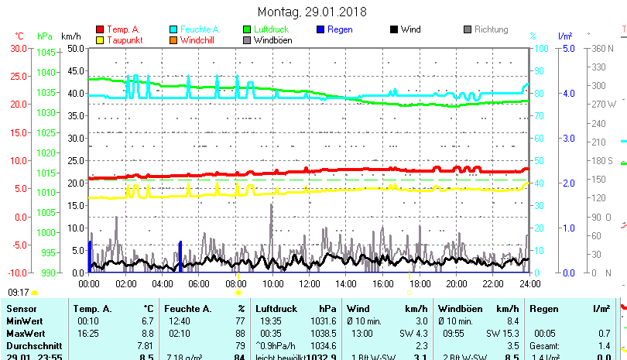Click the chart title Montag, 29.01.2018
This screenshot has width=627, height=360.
312,12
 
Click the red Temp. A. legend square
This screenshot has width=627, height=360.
99,29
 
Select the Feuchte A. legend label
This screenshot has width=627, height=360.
200,29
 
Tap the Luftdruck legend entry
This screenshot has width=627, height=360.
271,29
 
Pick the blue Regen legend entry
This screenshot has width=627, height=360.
339,29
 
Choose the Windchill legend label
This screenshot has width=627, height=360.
199,40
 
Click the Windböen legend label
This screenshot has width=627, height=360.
272,40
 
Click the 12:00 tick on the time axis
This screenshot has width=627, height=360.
309,283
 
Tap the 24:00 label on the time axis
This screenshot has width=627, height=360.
529,283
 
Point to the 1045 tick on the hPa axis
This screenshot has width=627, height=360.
46,53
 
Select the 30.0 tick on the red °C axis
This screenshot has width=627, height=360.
19,48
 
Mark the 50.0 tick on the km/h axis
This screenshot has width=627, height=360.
75,48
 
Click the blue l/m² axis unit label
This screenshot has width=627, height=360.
564,36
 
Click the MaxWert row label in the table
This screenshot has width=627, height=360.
24,333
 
